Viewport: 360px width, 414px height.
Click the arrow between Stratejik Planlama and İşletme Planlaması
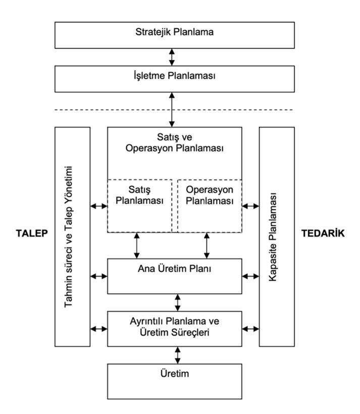click(x=172, y=56)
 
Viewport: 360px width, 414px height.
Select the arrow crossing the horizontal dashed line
click(x=172, y=110)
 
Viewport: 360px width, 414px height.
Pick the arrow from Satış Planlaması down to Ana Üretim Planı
click(x=136, y=245)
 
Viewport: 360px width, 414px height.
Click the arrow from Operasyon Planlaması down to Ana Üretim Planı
click(x=207, y=245)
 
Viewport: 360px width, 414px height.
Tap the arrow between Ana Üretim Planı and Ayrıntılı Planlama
click(x=177, y=302)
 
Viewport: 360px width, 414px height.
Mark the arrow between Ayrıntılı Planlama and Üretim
click(x=177, y=355)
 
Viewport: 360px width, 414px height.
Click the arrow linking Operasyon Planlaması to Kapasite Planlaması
click(x=250, y=206)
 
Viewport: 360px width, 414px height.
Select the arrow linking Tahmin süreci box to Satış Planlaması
click(x=99, y=206)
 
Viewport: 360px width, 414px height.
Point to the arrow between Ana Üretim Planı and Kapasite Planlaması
click(x=250, y=276)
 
